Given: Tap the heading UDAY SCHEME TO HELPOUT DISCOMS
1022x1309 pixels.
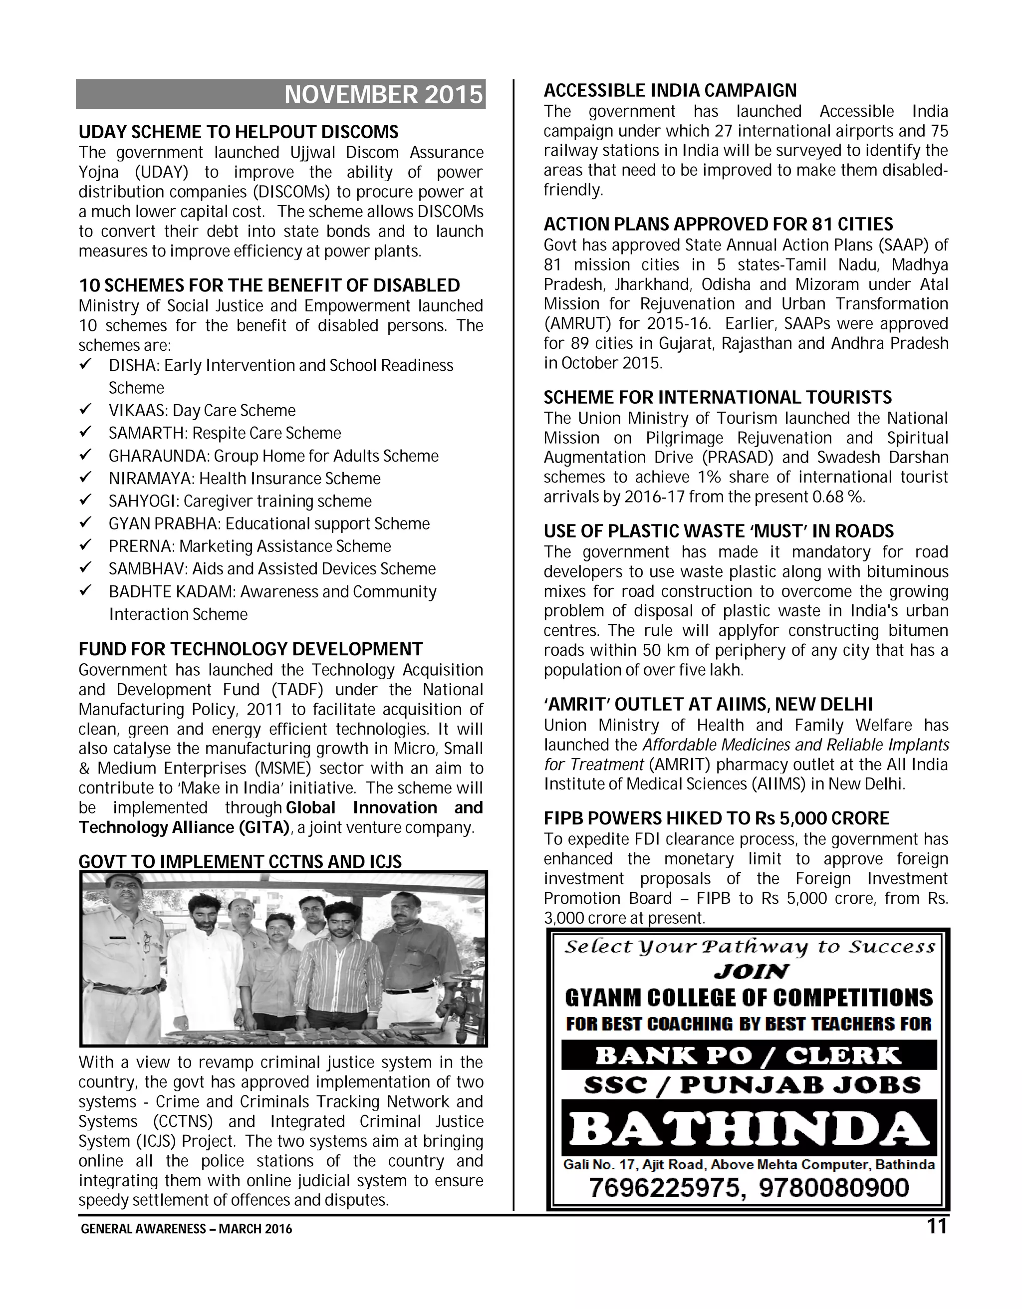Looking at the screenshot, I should click(239, 132).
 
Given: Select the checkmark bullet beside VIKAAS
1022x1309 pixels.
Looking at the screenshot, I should click(85, 410).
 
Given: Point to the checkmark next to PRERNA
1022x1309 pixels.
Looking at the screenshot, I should click(85, 546).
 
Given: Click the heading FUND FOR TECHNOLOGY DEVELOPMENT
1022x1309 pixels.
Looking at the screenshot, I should click(251, 649).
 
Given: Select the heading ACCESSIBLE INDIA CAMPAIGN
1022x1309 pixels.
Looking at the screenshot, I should click(670, 90).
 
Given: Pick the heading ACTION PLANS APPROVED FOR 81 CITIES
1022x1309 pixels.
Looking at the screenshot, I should click(718, 224).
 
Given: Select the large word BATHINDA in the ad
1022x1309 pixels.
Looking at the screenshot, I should click(748, 1130).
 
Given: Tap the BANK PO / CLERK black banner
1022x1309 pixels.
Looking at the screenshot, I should click(748, 1055).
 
